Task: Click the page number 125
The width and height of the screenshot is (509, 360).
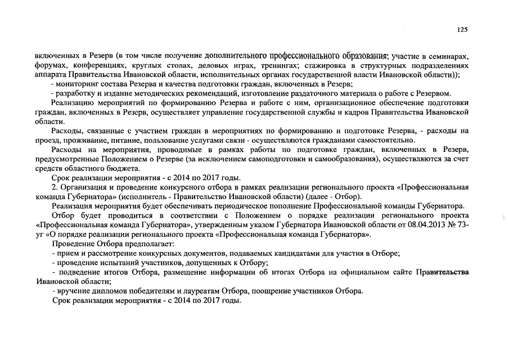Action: [462, 30]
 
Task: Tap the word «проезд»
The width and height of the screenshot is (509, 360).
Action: [47, 139]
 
